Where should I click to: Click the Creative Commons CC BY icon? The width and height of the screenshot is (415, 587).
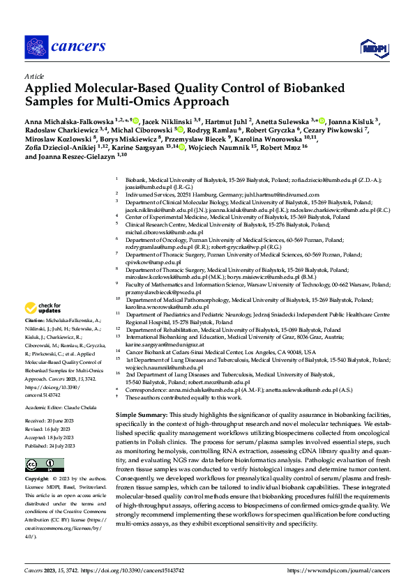[x=36, y=464]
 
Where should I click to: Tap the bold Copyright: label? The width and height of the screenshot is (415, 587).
[x=38, y=480]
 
